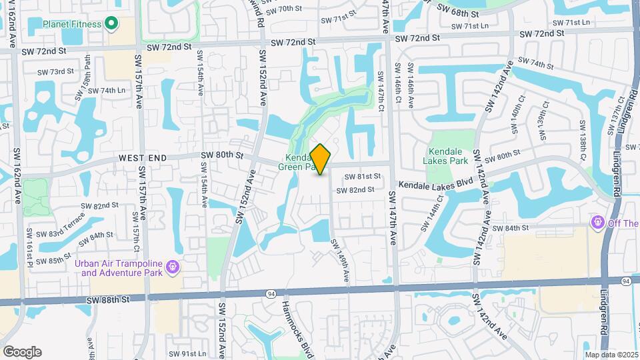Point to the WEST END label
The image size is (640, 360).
click(x=142, y=158)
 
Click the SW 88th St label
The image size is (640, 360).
click(x=108, y=301)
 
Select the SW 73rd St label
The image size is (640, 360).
click(x=55, y=71)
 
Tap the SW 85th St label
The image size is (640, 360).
click(x=55, y=260)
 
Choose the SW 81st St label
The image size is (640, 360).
click(x=362, y=177)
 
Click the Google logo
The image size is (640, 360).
click(x=22, y=352)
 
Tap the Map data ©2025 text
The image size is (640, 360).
click(x=611, y=355)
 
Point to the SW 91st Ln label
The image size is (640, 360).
click(x=187, y=353)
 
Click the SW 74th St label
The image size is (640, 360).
click(x=536, y=65)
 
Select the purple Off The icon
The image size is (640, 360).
click(x=598, y=223)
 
